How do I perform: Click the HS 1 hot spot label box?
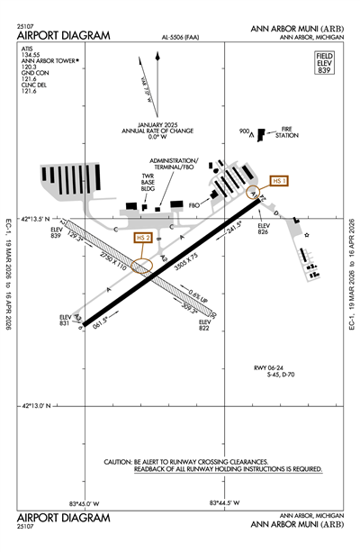[280, 180]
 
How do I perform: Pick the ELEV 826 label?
[264, 229]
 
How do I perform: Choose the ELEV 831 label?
[65, 321]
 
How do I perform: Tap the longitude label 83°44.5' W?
[224, 502]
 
